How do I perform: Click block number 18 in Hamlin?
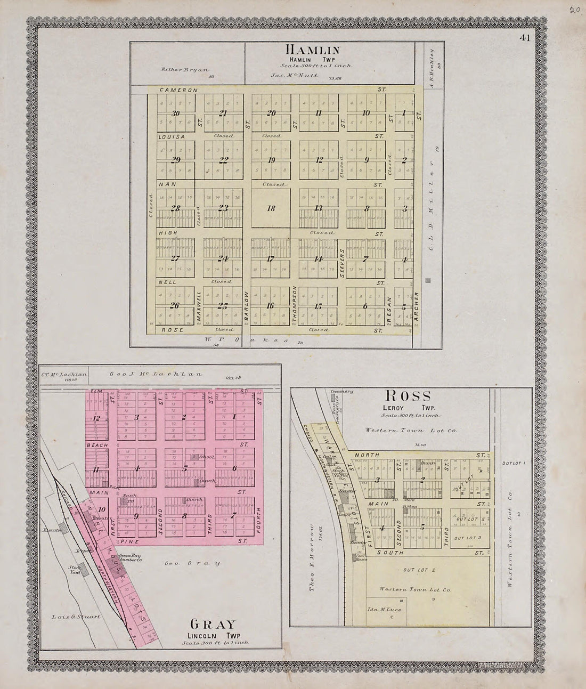pyautogui.click(x=271, y=208)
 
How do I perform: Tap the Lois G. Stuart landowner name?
pyautogui.click(x=77, y=618)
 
